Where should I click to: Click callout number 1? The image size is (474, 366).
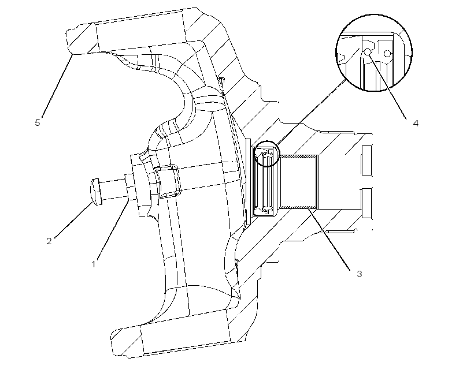pos(94,264)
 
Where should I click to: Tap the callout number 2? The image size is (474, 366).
pos(49,241)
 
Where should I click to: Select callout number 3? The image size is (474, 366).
pos(359,274)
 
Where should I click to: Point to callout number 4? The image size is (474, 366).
pos(416,123)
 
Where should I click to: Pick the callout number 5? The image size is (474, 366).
pos(38,122)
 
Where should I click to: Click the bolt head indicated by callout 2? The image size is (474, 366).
pos(96,192)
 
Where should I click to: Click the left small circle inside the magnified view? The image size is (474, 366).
pos(367,51)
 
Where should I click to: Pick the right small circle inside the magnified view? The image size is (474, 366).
pos(387,54)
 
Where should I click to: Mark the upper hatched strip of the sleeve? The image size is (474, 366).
pos(299,156)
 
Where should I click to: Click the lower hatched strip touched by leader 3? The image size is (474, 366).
pos(299,207)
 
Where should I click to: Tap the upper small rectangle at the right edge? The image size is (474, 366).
pos(367,160)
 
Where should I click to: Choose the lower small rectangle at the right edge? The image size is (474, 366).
pos(367,203)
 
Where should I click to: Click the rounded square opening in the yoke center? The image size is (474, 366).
pos(168,181)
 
